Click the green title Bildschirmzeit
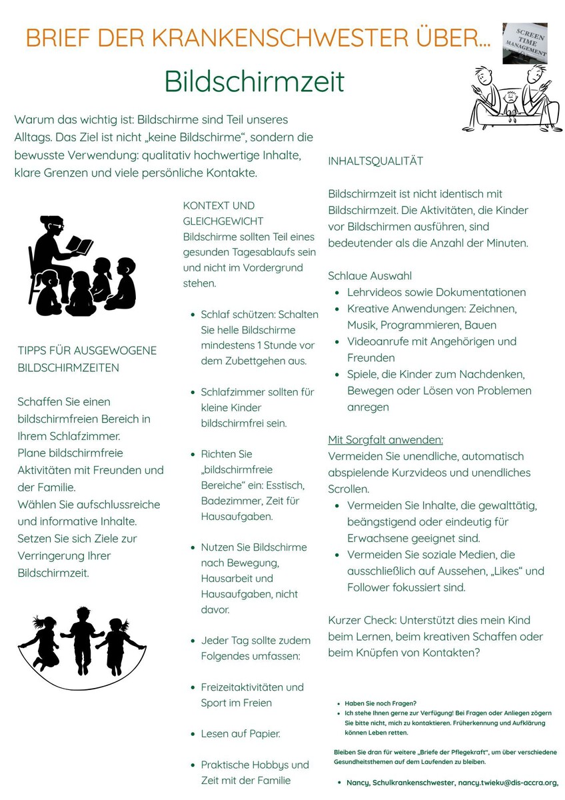point(255,82)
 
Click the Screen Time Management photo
point(524,43)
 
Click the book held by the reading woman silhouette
point(78,246)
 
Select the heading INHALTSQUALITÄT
point(375,161)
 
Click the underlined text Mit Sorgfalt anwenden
point(385,440)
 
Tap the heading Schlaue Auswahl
point(370,276)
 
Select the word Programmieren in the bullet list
point(422,325)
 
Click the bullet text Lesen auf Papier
point(241,734)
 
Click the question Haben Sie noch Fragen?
point(380,703)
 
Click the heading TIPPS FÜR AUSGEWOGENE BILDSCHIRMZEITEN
point(87,359)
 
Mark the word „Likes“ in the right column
point(513,571)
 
